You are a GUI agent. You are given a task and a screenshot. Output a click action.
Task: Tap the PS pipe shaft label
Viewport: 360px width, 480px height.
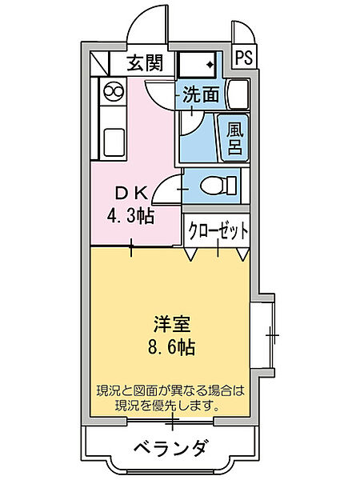click(242, 58)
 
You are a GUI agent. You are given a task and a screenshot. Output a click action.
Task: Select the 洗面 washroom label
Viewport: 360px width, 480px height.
click(202, 94)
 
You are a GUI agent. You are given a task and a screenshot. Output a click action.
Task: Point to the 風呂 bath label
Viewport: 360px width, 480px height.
click(234, 138)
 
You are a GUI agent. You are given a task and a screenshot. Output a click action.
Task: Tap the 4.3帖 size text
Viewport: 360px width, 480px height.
click(131, 214)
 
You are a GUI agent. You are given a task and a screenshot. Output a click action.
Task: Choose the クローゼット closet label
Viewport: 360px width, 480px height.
click(218, 230)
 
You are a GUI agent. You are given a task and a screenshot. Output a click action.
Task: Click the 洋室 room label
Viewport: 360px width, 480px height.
click(174, 326)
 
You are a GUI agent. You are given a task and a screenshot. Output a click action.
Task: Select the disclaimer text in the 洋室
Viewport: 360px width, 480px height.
click(169, 398)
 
